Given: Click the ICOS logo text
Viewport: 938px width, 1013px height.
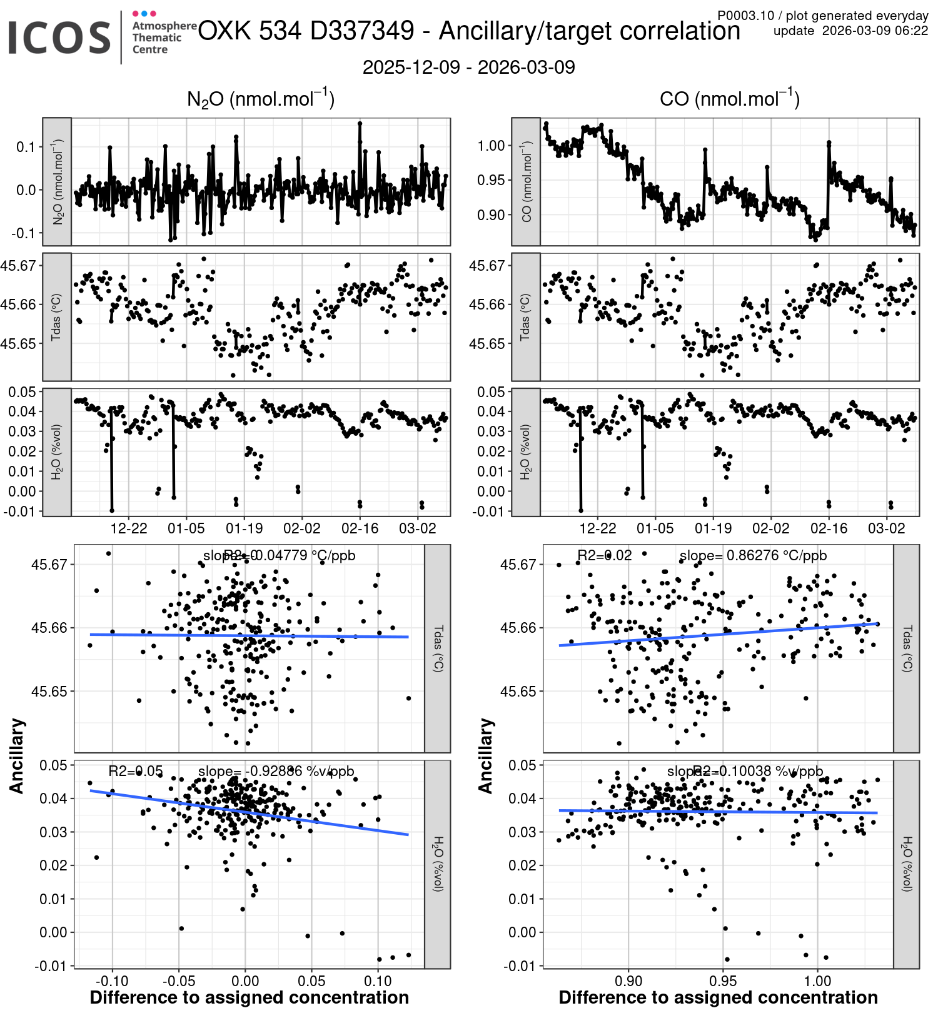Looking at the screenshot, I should click(x=59, y=38).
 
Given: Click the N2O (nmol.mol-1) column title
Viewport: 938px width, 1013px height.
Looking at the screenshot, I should click(x=261, y=99).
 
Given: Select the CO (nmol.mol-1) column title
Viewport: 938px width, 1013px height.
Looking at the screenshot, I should click(x=729, y=99).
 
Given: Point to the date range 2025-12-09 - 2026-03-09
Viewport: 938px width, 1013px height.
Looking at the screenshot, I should click(x=468, y=68).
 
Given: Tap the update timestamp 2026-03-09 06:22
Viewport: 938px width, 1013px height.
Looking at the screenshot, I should click(x=875, y=31).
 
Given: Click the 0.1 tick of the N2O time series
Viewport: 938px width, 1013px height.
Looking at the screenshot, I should click(x=26, y=147).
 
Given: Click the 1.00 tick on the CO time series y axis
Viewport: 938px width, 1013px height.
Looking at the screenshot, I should click(x=492, y=146).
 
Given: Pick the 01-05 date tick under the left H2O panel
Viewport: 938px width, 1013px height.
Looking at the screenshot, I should click(x=186, y=528).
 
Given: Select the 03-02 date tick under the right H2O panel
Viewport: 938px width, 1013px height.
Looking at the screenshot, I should click(x=886, y=528).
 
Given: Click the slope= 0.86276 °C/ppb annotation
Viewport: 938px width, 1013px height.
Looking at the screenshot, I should click(x=753, y=555).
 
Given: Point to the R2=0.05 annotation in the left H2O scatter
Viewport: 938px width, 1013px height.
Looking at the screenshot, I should click(x=136, y=771).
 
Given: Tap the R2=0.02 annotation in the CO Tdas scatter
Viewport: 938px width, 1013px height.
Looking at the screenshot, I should click(x=604, y=555).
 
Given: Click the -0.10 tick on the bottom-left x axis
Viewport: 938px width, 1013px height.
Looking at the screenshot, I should click(x=113, y=980).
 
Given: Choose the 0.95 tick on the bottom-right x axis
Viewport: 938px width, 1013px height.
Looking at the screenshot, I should click(x=723, y=980).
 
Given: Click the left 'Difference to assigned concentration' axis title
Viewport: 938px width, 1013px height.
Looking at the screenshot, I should click(x=250, y=997).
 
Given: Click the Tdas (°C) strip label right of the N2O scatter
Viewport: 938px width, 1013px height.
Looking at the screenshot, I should click(x=438, y=648).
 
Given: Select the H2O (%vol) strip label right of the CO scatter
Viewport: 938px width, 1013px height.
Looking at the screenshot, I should click(x=907, y=864).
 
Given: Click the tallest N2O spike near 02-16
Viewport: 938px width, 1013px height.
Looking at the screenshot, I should click(x=360, y=123).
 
